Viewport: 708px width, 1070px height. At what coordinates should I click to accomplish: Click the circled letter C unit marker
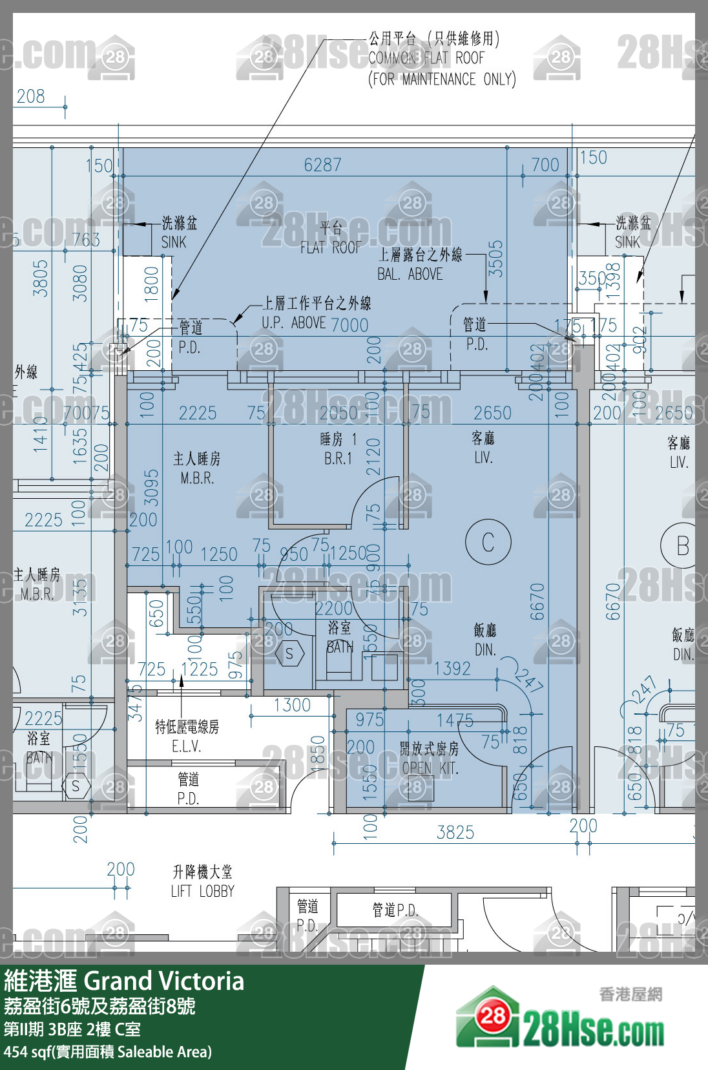[x=488, y=542]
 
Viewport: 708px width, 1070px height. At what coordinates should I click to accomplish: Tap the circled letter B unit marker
[x=682, y=546]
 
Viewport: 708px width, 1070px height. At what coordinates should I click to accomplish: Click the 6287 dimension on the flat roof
[x=322, y=165]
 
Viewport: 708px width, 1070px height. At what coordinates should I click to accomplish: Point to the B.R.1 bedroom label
[x=338, y=459]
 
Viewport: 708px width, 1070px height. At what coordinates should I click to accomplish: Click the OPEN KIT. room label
[x=430, y=768]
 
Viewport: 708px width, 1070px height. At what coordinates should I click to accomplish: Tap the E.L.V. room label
[x=187, y=746]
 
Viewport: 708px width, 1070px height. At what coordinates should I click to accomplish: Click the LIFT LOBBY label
[x=202, y=891]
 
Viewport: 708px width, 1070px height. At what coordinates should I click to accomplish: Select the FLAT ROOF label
[x=330, y=247]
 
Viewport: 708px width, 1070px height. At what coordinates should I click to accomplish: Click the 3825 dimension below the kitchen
[x=455, y=832]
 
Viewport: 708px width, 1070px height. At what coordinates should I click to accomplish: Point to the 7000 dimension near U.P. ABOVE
[x=349, y=325]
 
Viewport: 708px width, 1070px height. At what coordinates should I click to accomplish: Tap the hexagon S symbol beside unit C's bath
[x=289, y=654]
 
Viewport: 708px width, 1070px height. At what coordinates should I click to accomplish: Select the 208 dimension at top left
[x=31, y=97]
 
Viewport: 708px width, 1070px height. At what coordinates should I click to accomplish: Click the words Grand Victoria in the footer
[x=164, y=981]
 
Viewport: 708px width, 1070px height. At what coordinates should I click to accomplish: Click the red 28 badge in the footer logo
[x=493, y=1016]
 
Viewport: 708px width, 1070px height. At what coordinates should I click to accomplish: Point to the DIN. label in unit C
[x=484, y=650]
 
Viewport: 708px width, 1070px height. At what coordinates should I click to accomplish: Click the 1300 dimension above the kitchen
[x=292, y=705]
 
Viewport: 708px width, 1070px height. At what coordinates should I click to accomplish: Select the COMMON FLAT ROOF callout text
[x=426, y=58]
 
